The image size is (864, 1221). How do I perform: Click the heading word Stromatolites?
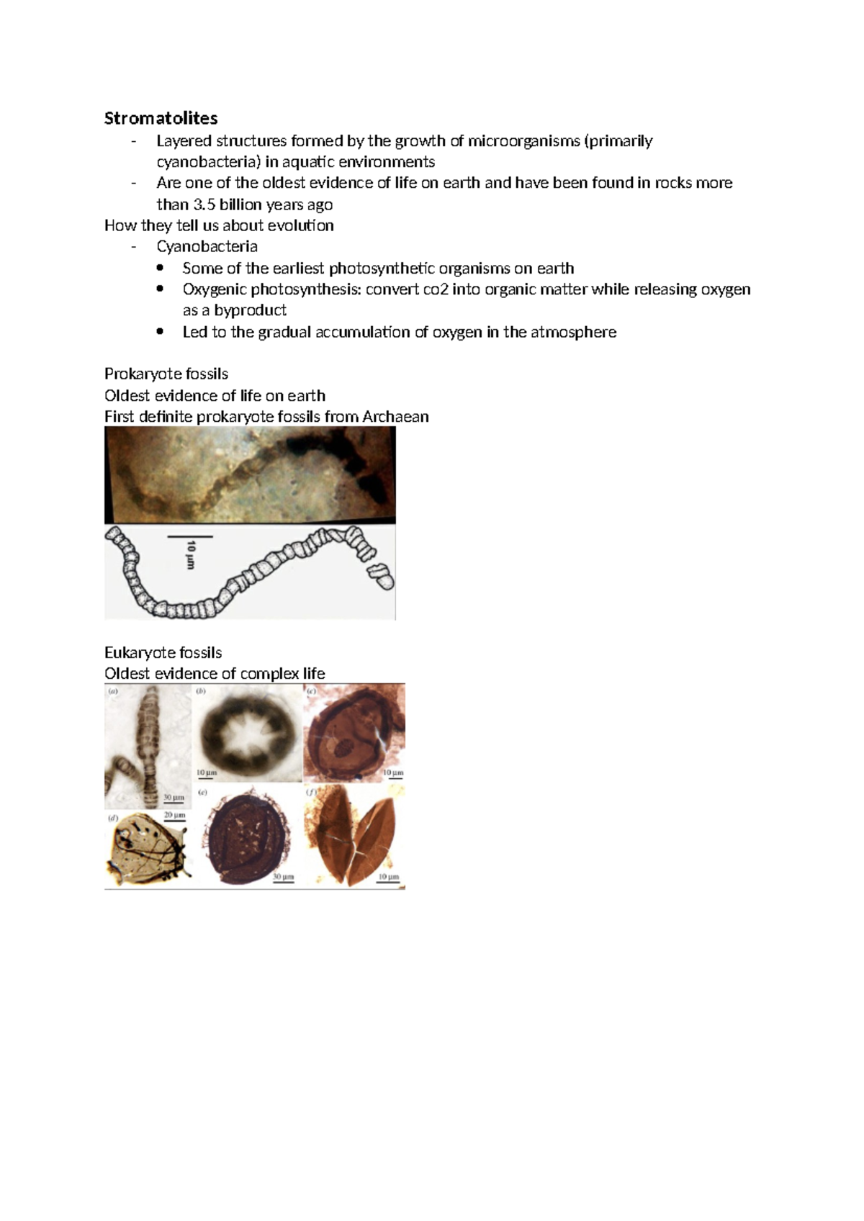(x=161, y=118)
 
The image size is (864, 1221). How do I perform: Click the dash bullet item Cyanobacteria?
(x=207, y=246)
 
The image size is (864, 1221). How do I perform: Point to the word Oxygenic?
(x=214, y=289)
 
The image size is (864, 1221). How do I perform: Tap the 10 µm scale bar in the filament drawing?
(x=190, y=537)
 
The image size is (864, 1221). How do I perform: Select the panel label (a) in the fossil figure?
(x=113, y=691)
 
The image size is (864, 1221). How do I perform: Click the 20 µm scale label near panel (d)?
(x=175, y=814)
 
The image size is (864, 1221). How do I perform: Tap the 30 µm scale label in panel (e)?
(x=282, y=877)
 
